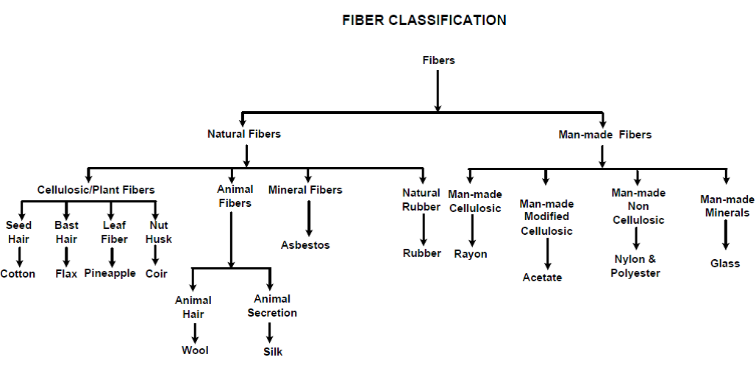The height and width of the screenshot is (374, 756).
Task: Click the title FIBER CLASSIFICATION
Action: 424,21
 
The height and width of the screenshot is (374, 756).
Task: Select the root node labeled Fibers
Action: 438,60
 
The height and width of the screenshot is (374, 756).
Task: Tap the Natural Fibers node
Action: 244,134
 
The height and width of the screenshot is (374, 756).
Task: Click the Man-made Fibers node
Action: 605,135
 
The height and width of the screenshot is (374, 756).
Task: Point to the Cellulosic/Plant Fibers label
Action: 96,190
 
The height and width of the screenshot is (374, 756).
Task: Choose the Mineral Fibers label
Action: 305,190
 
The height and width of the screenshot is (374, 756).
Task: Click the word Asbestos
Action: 305,244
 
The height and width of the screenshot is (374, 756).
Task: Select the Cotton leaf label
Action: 18,274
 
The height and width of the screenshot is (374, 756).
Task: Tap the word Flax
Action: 66,274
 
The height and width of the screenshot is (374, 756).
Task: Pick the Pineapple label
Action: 110,273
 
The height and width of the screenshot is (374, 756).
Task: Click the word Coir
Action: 156,274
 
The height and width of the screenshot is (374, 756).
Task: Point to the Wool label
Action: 195,350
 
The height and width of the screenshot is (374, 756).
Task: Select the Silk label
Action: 273,352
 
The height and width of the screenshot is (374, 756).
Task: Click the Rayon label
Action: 471,254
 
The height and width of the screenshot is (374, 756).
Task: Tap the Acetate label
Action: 542,278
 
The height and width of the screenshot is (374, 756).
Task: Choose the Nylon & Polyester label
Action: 635,266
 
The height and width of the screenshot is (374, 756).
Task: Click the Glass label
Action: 725,264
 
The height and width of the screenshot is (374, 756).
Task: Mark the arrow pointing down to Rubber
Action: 423,230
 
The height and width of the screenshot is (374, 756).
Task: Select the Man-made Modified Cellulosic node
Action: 546,217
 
